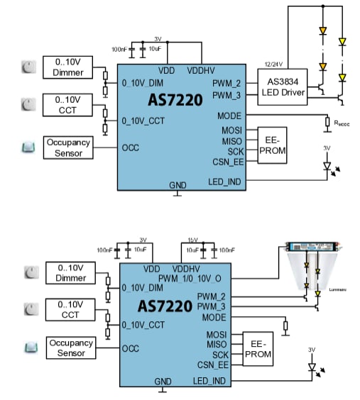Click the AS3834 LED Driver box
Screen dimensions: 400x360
[282, 87]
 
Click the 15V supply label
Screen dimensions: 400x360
[192, 240]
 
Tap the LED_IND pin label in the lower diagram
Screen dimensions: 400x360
[211, 382]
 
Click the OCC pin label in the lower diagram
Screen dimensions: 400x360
[131, 348]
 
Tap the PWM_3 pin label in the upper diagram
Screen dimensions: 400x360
[227, 94]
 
